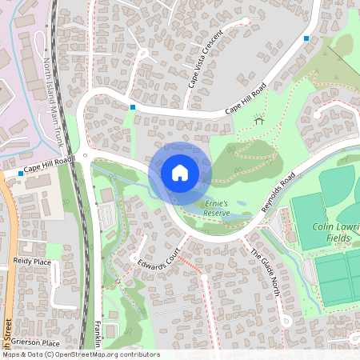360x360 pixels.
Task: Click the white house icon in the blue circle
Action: point(180,172)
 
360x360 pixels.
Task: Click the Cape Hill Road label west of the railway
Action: point(48,166)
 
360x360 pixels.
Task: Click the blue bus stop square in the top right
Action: point(306,38)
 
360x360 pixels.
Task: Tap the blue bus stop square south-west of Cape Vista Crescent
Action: point(133,106)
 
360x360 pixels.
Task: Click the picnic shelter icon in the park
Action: point(258,121)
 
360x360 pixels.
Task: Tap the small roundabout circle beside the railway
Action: point(84,156)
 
